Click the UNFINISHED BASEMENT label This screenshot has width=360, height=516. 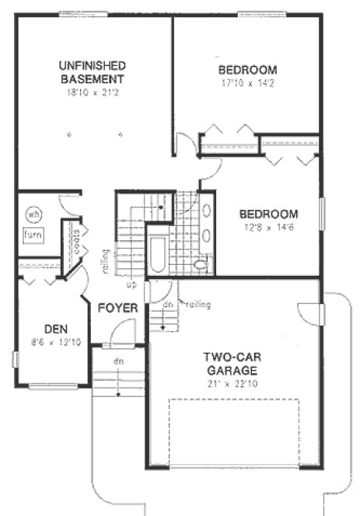click(x=93, y=71)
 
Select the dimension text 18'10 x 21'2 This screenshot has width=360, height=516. click(x=93, y=92)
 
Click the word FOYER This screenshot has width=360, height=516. click(x=117, y=309)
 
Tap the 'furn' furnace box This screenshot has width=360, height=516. click(x=32, y=235)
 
